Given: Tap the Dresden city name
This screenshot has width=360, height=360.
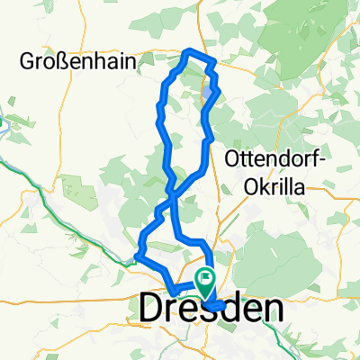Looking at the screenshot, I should pos(211,309).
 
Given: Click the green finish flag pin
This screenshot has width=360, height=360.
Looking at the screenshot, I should pos(206,282).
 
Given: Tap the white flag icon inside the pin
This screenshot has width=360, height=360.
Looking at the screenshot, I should pos(206,279).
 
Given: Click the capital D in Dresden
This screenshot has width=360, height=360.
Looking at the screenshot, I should pos(152,309).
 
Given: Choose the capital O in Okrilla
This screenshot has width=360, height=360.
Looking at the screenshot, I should pos(252,187).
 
